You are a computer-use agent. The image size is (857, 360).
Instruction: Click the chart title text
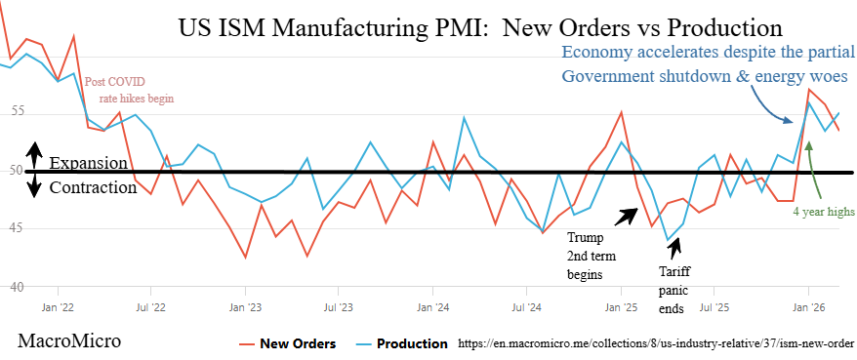pos(480,28)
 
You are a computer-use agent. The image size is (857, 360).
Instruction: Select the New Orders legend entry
pos(288,343)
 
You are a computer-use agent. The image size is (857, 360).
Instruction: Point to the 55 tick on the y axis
pos(16,112)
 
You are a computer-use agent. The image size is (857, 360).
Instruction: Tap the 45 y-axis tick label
pos(16,227)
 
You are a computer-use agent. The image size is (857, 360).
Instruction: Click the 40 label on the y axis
pos(16,286)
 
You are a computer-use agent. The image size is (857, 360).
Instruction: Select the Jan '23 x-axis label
pos(245,306)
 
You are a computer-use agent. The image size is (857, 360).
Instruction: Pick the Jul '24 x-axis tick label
pos(526,306)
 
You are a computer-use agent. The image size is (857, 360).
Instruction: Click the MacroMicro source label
pos(69,341)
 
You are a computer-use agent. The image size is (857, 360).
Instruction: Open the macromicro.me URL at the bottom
pos(655,343)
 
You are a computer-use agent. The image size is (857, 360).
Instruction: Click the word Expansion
pos(89,163)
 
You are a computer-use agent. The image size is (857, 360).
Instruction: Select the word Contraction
pos(93,187)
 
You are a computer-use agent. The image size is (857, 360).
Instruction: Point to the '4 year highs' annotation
pos(824,212)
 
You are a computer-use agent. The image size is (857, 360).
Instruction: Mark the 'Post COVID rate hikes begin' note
pos(129,91)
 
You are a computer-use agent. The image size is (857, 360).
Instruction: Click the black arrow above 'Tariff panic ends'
pos(675,249)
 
